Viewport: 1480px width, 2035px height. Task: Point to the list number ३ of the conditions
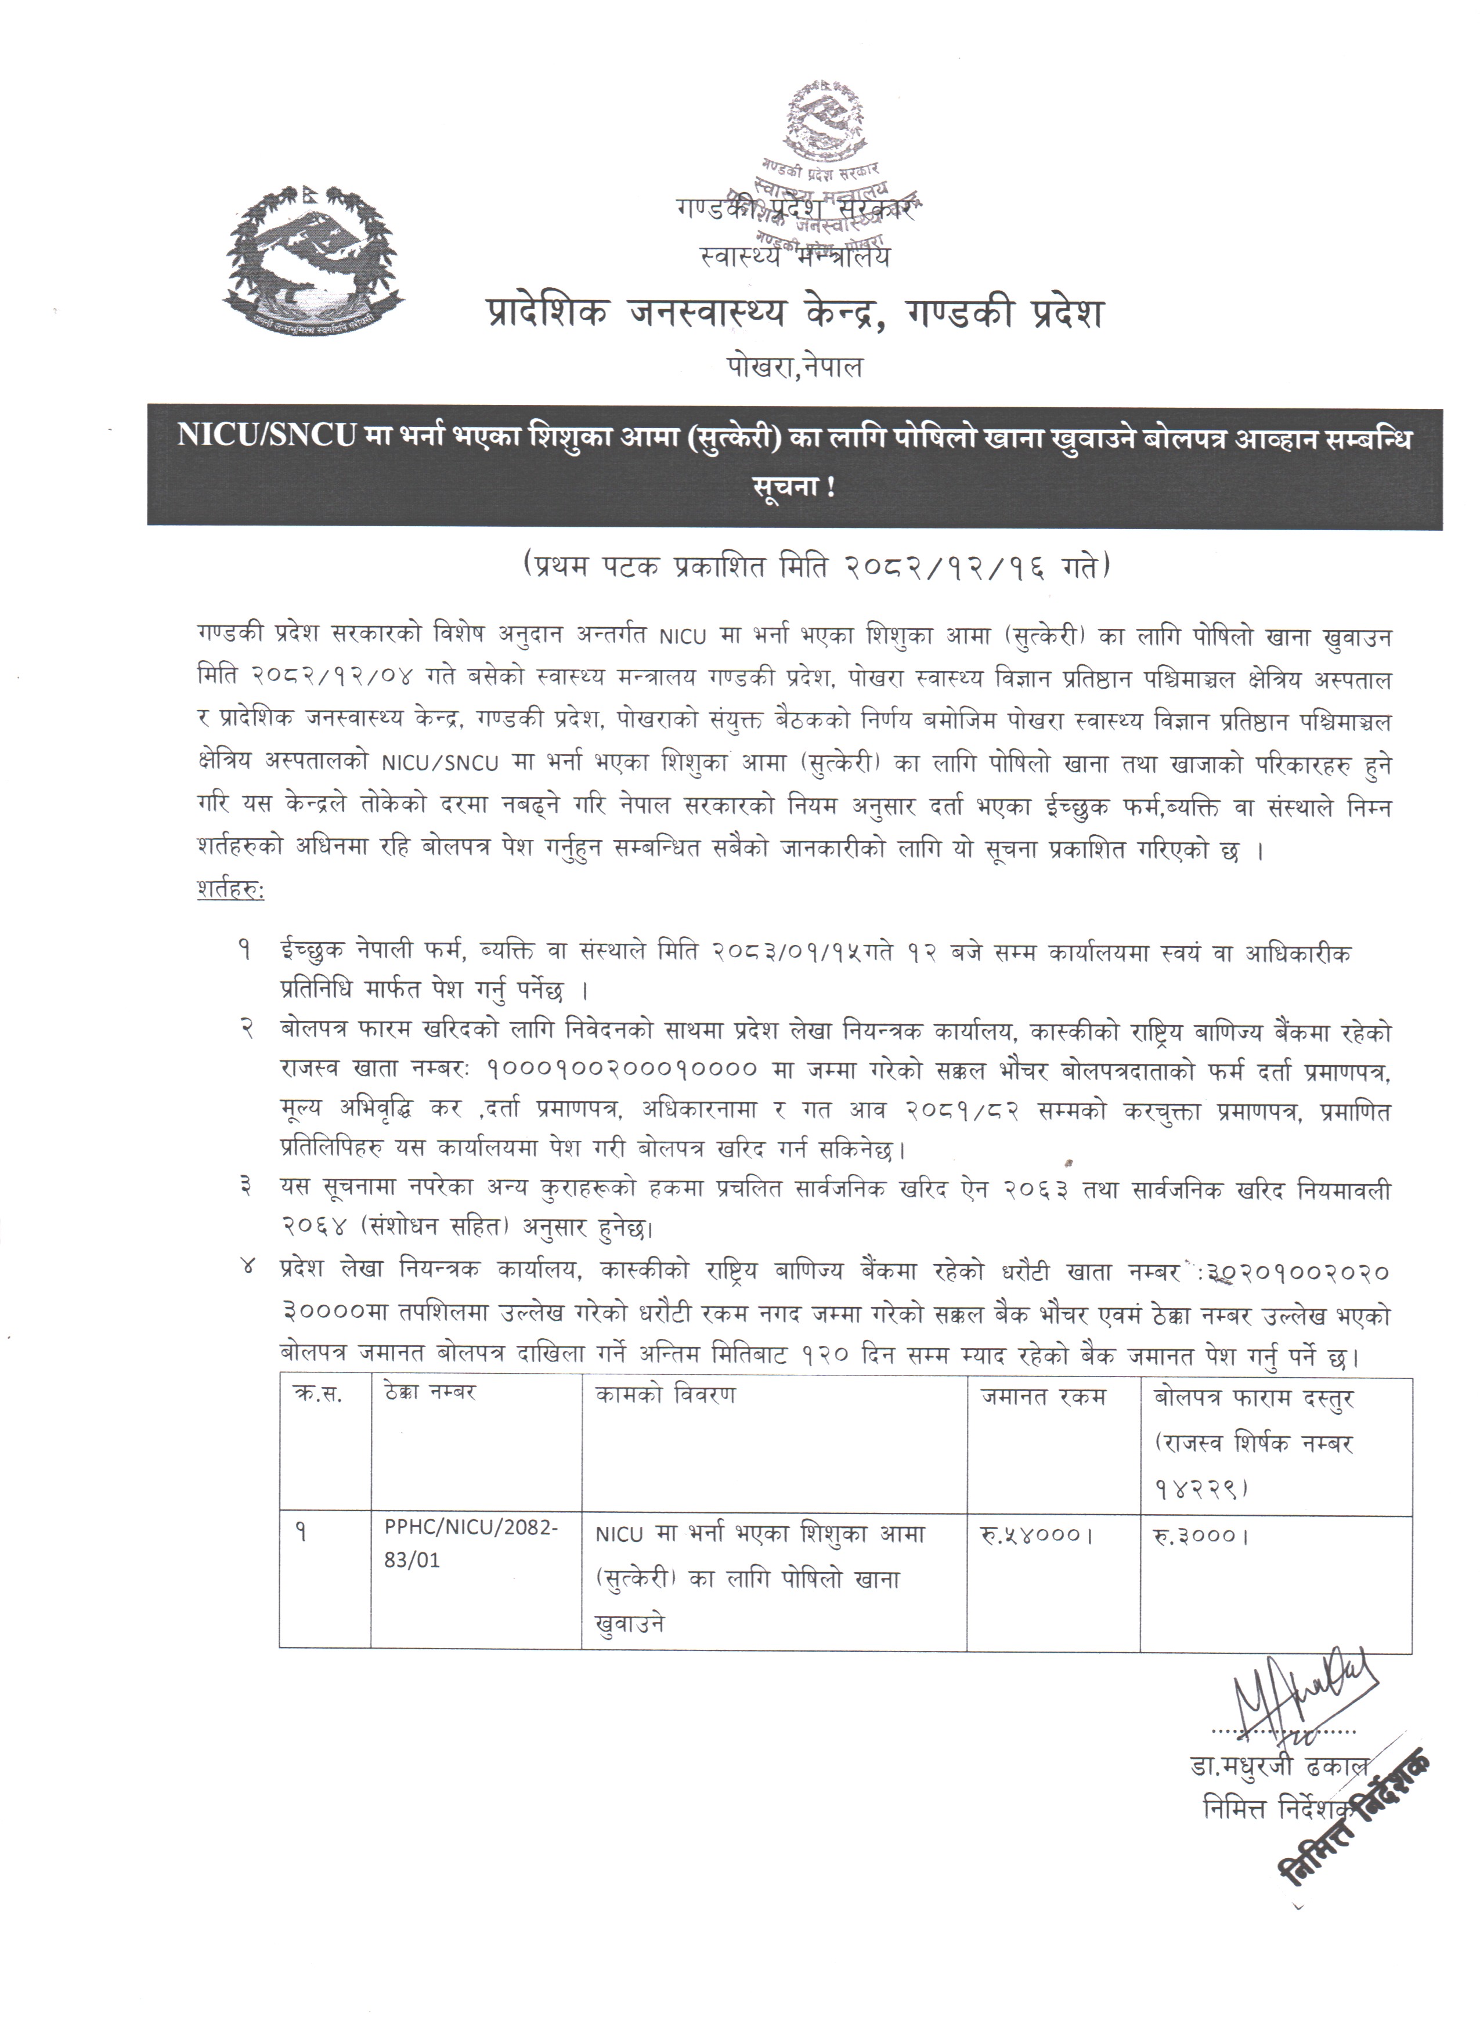244,1188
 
